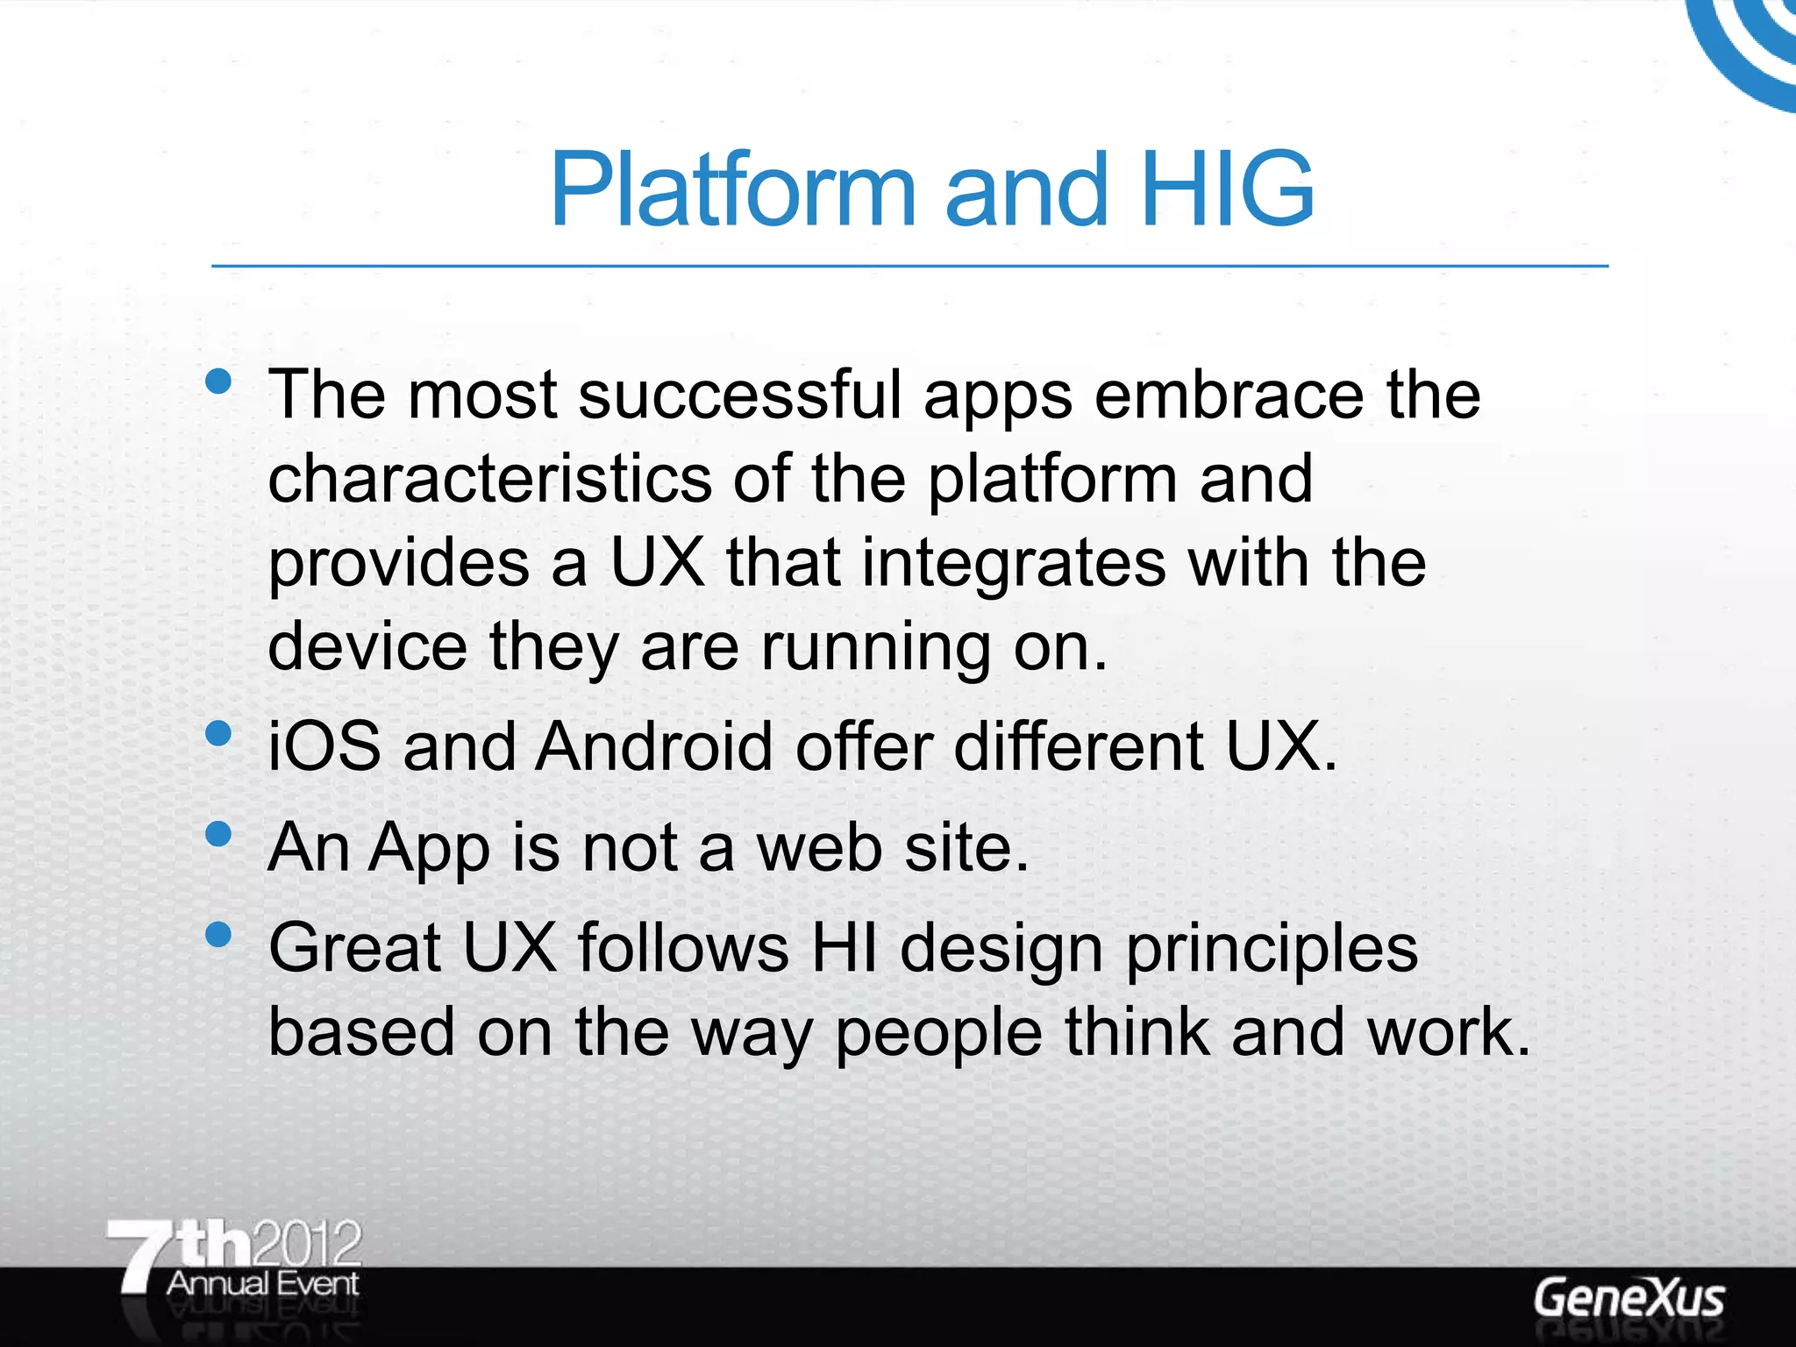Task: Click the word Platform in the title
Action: tap(732, 189)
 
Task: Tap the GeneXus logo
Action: tap(1629, 1298)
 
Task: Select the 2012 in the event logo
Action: tap(306, 1244)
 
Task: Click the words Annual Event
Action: tap(262, 1284)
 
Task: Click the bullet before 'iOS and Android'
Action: tap(217, 732)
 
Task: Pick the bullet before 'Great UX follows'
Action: tap(217, 934)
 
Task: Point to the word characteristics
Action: tap(489, 479)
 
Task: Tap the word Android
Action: tap(654, 747)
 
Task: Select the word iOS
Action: tap(324, 747)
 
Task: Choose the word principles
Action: tap(1272, 951)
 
